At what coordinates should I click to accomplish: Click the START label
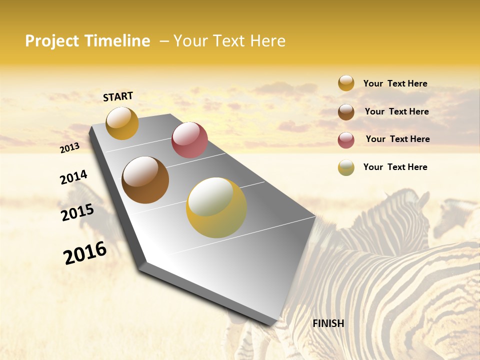118,96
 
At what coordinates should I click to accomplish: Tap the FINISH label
328,323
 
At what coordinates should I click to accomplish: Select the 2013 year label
70,147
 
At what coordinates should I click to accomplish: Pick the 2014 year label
73,177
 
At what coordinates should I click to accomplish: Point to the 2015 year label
77,212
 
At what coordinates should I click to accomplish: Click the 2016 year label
85,252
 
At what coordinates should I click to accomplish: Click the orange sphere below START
122,123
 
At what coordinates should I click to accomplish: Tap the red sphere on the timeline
189,140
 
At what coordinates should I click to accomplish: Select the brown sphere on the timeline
145,180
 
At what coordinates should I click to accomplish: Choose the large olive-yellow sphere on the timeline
216,207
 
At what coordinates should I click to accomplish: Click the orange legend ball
346,83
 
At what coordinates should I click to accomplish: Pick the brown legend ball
346,112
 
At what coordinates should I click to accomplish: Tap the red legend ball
346,140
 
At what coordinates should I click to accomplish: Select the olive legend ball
346,167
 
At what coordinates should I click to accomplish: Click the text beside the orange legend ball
395,83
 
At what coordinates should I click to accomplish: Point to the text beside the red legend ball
397,139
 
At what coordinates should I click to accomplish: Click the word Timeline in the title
117,41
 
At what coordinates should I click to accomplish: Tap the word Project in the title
52,41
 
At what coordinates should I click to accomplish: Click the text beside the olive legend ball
395,167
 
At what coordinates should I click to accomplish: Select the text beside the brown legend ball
396,111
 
